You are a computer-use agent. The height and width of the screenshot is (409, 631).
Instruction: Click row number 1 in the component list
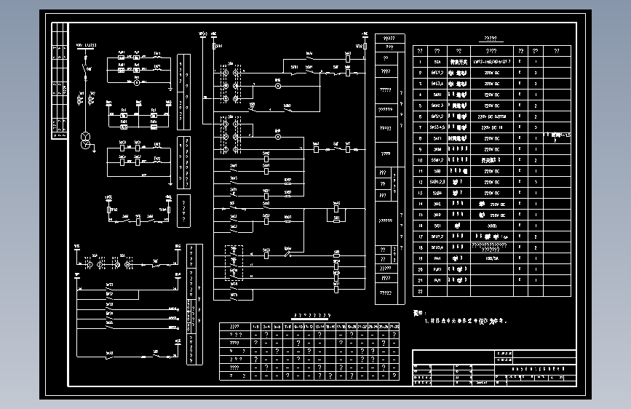tap(420, 62)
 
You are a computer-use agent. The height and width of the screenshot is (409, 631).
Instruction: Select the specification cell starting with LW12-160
tap(491, 62)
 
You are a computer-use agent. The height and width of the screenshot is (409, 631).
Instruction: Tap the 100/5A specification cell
tap(491, 258)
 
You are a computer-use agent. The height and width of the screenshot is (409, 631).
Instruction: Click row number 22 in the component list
tap(420, 291)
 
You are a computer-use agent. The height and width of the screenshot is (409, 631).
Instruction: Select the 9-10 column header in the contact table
tap(298, 327)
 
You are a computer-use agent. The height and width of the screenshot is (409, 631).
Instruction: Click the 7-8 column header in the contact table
tap(287, 327)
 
